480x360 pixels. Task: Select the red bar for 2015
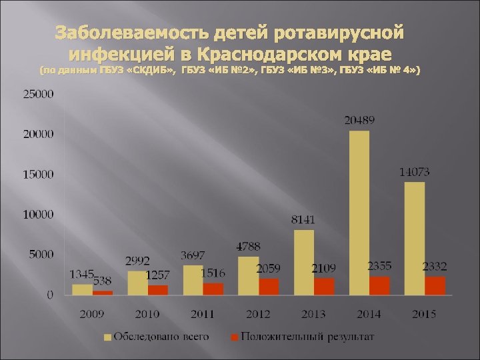click(x=435, y=286)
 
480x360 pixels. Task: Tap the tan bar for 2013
click(x=304, y=262)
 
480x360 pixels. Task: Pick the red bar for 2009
click(x=103, y=293)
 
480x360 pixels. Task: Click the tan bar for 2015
click(x=414, y=238)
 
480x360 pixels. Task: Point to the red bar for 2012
click(x=269, y=287)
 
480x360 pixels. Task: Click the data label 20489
click(x=359, y=121)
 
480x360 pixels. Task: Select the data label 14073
click(x=414, y=172)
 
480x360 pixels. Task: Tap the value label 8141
click(x=303, y=219)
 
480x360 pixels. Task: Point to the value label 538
click(x=102, y=281)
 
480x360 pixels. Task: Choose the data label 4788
click(x=248, y=247)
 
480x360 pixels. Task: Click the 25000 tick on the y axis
click(x=38, y=95)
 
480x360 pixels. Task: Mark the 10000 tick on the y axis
click(x=38, y=215)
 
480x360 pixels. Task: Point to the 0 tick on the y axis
click(x=50, y=295)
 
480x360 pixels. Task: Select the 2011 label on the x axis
click(x=202, y=313)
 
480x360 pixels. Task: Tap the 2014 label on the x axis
click(x=369, y=313)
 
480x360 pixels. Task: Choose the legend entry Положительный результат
click(x=307, y=337)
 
